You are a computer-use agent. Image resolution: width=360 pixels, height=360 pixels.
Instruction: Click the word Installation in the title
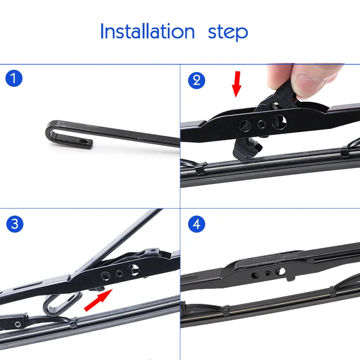pos(147,31)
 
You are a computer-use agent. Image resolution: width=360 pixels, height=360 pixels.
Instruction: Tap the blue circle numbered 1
pos(14,79)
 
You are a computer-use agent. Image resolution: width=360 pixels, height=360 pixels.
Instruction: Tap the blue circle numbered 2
pos(196,80)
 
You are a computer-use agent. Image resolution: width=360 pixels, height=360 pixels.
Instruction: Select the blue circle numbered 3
pos(14,224)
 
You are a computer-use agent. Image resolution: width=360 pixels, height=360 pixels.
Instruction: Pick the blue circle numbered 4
pos(196,224)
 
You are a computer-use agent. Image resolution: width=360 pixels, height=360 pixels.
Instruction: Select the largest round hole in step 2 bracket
pos(278,121)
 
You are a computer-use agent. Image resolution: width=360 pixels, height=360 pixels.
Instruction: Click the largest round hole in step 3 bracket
pos(134,270)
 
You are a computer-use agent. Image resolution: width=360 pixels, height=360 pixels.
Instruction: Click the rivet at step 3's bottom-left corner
pos(17,324)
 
